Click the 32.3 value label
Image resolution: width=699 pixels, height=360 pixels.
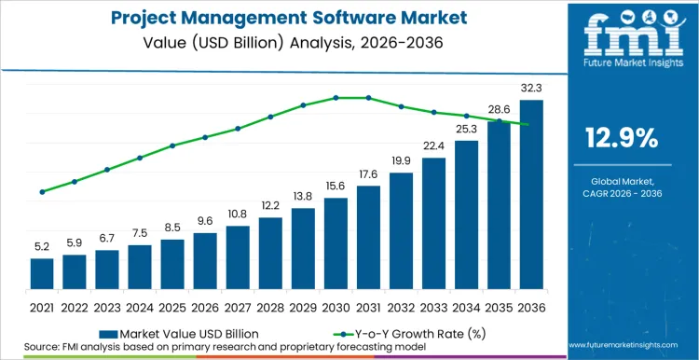tap(531, 89)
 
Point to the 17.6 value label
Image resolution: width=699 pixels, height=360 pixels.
tap(368, 174)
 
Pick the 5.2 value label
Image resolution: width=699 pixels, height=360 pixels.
tap(42, 247)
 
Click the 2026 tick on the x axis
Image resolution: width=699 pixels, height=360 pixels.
tap(205, 306)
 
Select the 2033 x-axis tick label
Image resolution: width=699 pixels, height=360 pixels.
tap(433, 306)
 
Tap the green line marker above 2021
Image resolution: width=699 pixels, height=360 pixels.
tap(42, 192)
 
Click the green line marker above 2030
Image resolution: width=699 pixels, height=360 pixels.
tap(336, 97)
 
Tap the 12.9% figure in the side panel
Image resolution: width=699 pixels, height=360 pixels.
tap(622, 139)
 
